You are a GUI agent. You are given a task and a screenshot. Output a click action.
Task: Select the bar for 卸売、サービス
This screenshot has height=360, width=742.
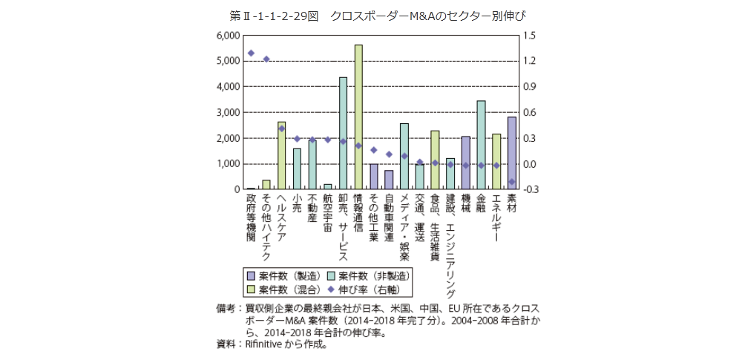pyautogui.click(x=343, y=134)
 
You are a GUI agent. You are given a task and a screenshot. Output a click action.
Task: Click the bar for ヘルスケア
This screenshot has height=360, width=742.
pyautogui.click(x=281, y=156)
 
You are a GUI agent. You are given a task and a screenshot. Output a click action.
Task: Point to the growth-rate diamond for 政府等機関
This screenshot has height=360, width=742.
pyautogui.click(x=251, y=53)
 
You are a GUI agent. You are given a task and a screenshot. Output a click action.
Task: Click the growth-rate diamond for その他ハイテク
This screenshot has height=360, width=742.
pyautogui.click(x=266, y=59)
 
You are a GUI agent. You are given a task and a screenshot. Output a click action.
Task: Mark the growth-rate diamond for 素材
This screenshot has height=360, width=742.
pyautogui.click(x=511, y=181)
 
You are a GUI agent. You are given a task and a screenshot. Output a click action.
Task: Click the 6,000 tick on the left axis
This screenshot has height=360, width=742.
pyautogui.click(x=227, y=36)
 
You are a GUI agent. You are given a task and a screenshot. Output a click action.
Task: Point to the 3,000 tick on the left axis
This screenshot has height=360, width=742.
pyautogui.click(x=227, y=113)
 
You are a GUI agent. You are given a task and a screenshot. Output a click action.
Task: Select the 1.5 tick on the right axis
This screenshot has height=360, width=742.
pyautogui.click(x=528, y=36)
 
